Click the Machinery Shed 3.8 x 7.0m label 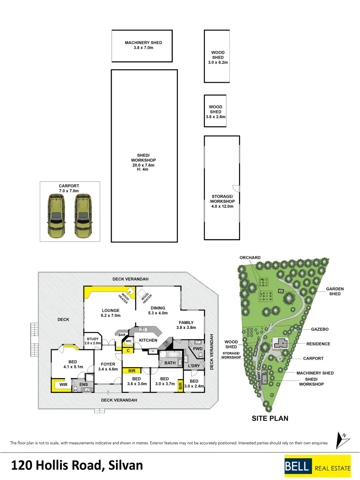click(143, 45)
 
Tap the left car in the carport click(56, 216)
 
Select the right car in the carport click(83, 216)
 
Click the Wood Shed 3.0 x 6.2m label click(218, 57)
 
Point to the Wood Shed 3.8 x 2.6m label click(216, 112)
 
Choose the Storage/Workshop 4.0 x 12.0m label click(222, 201)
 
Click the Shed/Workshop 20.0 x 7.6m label click(143, 162)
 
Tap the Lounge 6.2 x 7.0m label click(111, 313)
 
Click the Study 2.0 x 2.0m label click(93, 341)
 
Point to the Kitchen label click(148, 340)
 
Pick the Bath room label click(170, 363)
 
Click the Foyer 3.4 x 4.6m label click(108, 366)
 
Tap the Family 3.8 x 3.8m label click(186, 325)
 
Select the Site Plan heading click(270, 418)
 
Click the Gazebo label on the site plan click(320, 329)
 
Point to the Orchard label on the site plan click(250, 257)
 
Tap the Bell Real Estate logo click(317, 466)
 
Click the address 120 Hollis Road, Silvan click(77, 465)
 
